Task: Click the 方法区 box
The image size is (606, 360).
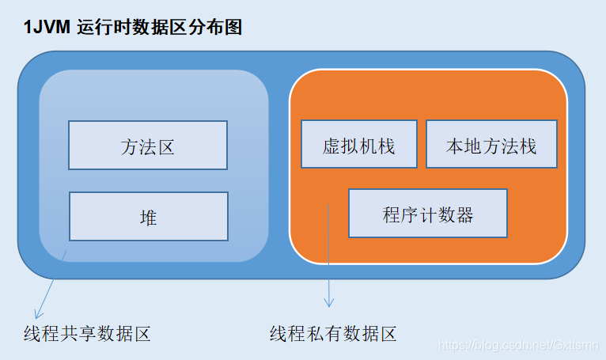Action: [148, 145]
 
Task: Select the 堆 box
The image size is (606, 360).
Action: [149, 216]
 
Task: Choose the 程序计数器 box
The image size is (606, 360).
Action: [428, 214]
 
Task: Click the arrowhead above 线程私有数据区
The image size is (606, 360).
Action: [329, 303]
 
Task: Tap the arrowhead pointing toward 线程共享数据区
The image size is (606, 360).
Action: [36, 312]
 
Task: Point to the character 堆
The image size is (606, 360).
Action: [149, 217]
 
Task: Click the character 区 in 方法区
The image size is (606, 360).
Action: [165, 146]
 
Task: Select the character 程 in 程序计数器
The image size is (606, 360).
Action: [391, 214]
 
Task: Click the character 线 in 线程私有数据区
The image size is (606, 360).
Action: [278, 334]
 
